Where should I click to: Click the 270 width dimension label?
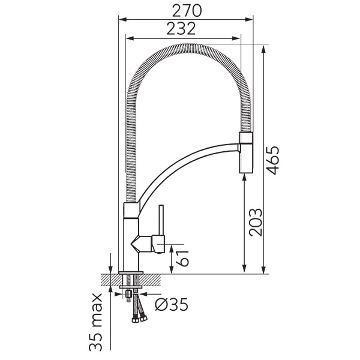click(187, 11)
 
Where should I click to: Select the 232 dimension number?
click(181, 29)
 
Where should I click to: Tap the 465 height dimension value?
click(273, 160)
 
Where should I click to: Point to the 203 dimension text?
click(256, 222)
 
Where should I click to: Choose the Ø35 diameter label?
click(172, 304)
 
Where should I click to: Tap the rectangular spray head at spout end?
click(246, 152)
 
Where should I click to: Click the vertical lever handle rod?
click(161, 220)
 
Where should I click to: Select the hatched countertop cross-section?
click(131, 280)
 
